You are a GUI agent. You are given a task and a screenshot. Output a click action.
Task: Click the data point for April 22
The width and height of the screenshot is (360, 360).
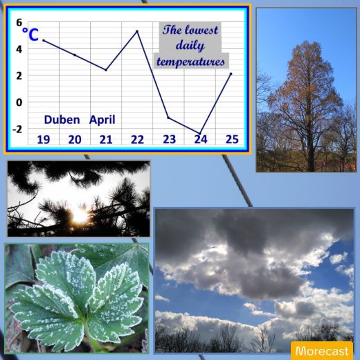click(x=137, y=31)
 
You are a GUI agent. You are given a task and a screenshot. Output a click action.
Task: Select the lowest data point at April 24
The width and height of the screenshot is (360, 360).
click(x=200, y=133)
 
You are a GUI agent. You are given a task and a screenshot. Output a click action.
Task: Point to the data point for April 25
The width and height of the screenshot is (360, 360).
click(x=231, y=74)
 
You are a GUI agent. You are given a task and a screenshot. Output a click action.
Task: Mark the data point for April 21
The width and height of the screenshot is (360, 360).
click(x=106, y=70)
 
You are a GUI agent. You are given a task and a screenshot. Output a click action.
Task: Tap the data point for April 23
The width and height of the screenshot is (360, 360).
click(x=168, y=118)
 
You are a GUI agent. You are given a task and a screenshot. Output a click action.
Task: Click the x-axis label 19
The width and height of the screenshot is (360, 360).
click(x=44, y=140)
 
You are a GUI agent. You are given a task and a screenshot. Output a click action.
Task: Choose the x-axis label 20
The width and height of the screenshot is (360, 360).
click(x=75, y=140)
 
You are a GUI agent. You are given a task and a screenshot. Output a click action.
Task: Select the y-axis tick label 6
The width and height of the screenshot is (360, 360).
click(x=19, y=23)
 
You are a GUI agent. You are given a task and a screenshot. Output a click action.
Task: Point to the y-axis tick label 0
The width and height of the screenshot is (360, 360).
click(x=19, y=102)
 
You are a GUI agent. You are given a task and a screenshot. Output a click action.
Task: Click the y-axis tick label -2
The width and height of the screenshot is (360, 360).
click(x=17, y=129)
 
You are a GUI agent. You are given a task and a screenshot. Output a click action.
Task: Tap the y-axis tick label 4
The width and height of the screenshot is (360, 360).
click(x=19, y=49)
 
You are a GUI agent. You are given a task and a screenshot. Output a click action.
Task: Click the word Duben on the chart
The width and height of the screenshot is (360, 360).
click(x=62, y=120)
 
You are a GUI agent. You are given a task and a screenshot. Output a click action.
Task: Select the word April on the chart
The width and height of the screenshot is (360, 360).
click(x=102, y=120)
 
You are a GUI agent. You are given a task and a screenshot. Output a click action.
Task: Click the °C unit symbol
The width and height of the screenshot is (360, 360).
click(x=30, y=35)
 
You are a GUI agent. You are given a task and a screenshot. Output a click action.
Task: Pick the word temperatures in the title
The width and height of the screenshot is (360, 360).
click(x=190, y=62)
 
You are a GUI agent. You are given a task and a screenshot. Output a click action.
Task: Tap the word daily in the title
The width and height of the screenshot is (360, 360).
click(x=190, y=46)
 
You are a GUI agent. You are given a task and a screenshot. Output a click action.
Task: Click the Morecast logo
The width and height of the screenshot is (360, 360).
click(x=322, y=351)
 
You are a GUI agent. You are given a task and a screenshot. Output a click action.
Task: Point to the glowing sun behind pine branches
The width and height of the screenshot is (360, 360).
click(x=80, y=216)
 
